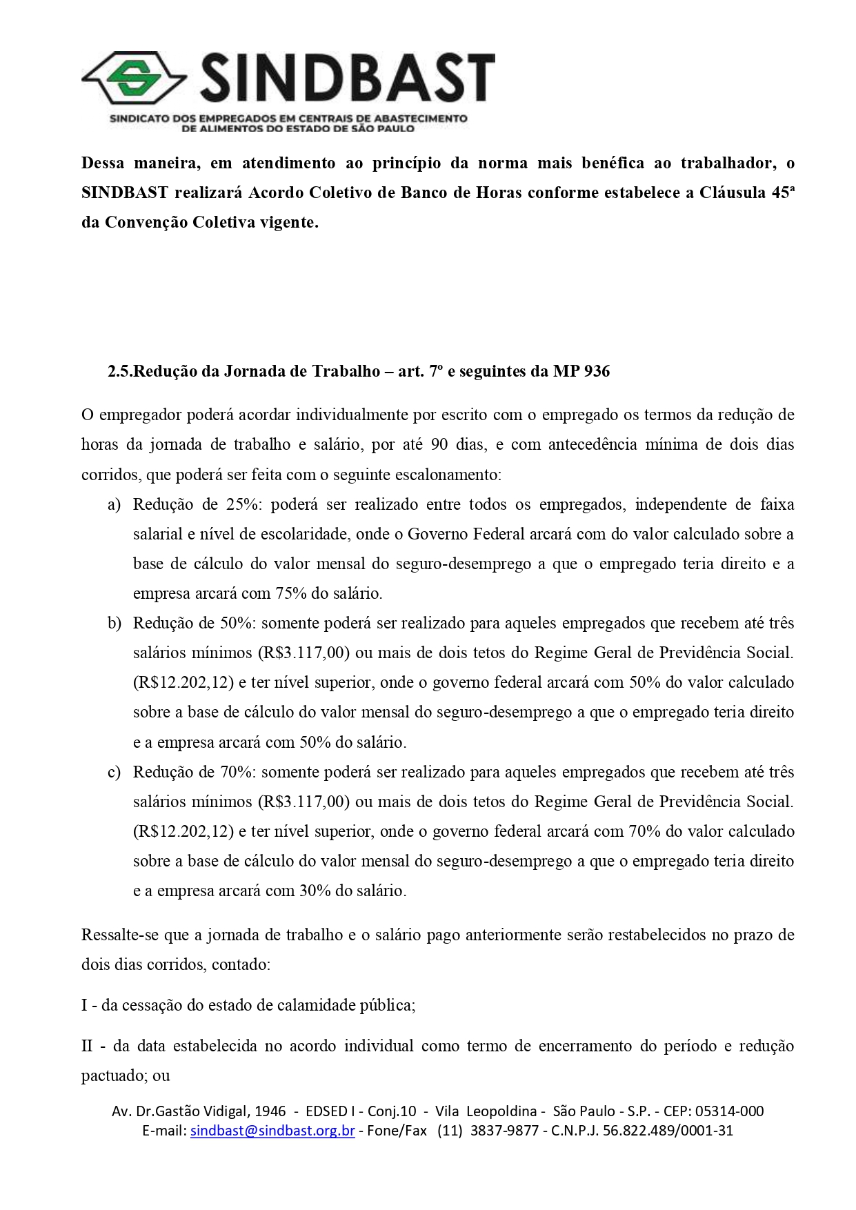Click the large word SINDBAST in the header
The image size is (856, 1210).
pyautogui.click(x=347, y=78)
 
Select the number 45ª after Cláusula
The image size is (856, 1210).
pyautogui.click(x=783, y=192)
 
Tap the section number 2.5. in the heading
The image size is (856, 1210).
pyautogui.click(x=120, y=372)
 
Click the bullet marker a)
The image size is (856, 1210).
pyautogui.click(x=115, y=505)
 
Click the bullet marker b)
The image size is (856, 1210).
pyautogui.click(x=115, y=624)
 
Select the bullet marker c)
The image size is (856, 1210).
pyautogui.click(x=115, y=773)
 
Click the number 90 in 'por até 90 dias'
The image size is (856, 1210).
pyautogui.click(x=439, y=445)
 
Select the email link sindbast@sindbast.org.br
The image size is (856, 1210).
pyautogui.click(x=272, y=1131)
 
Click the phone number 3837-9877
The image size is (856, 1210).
pyautogui.click(x=504, y=1131)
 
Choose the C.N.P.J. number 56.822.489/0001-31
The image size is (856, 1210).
pyautogui.click(x=668, y=1131)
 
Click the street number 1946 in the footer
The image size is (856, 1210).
pyautogui.click(x=270, y=1111)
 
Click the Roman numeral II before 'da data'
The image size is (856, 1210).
pyautogui.click(x=87, y=1047)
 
